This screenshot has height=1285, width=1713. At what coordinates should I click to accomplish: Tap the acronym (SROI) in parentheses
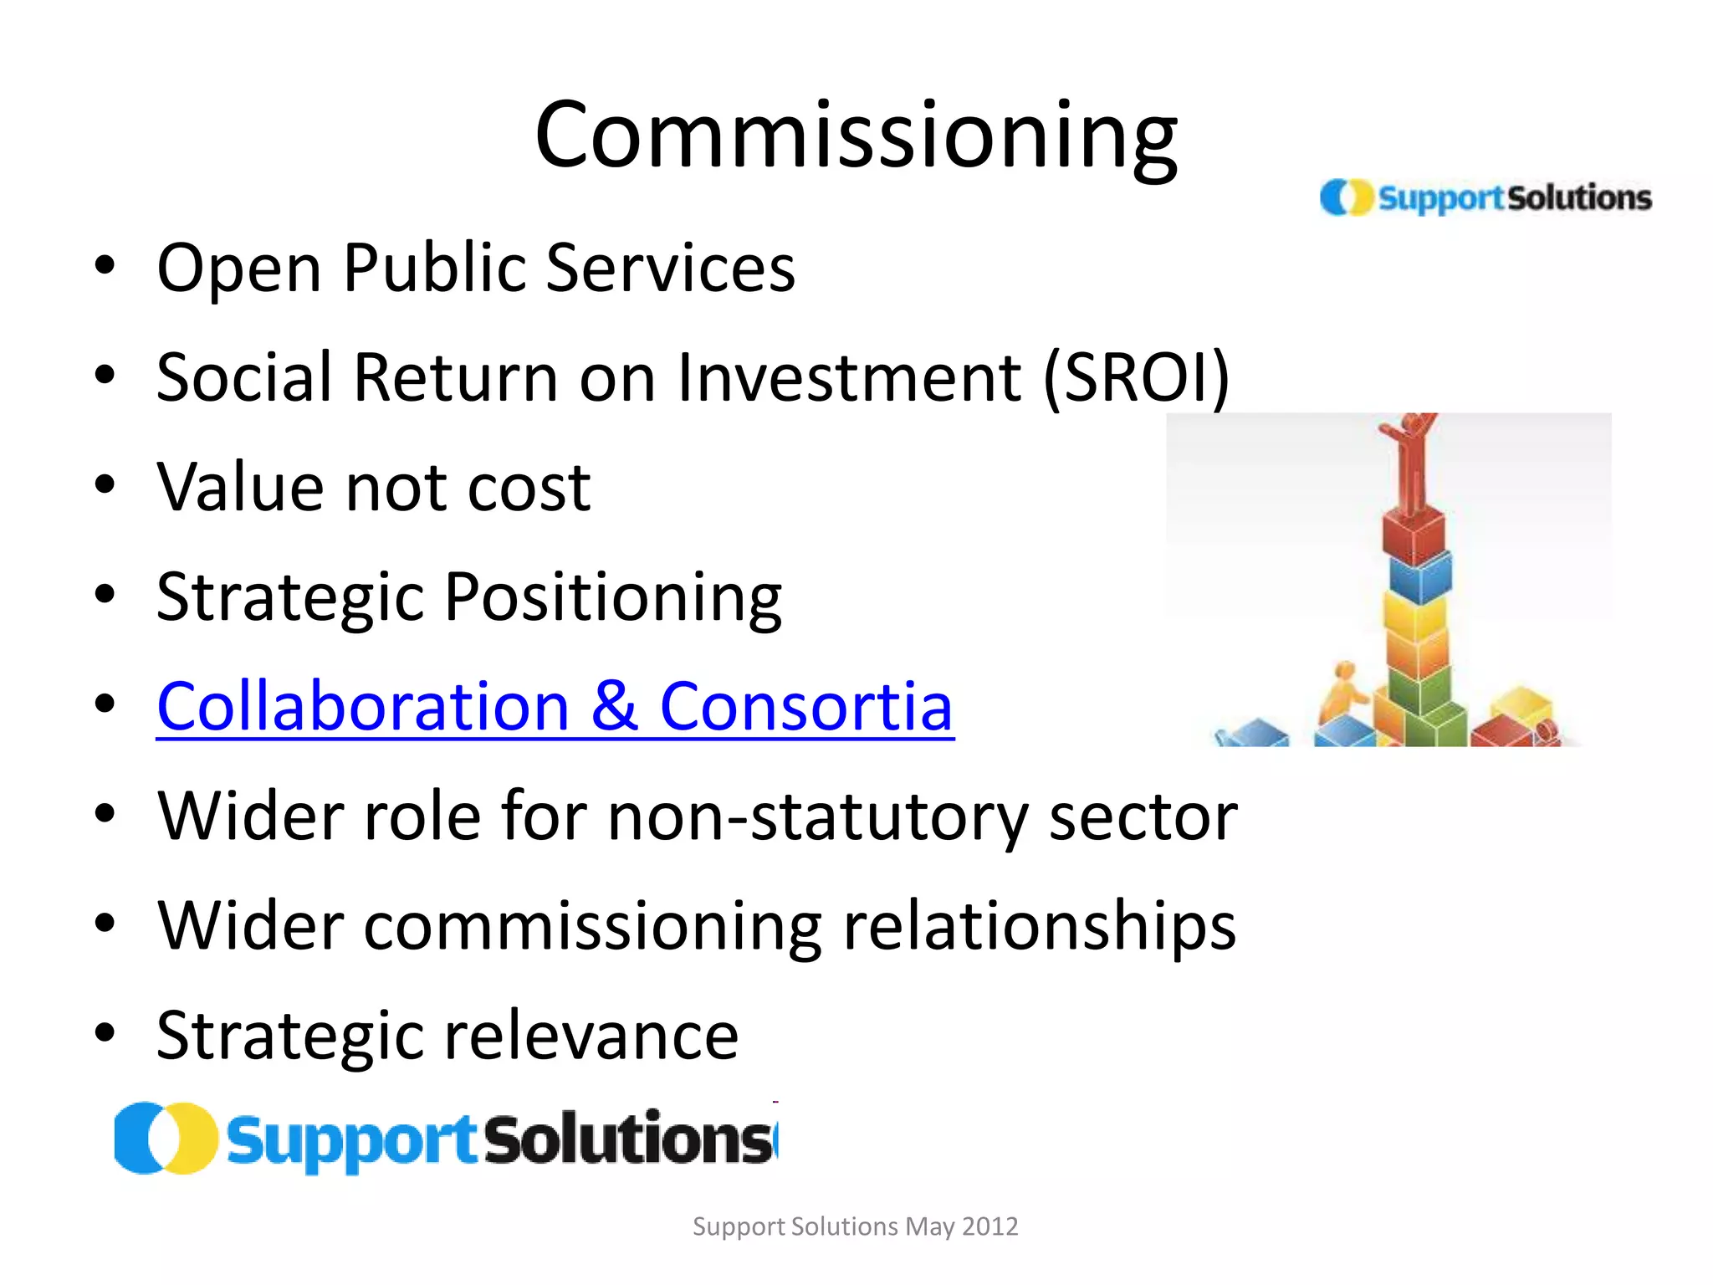(1136, 378)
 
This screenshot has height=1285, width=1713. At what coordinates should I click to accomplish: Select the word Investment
(849, 378)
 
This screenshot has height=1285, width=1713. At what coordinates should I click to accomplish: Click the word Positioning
(613, 598)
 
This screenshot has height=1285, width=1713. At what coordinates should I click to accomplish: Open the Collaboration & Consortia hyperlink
(555, 707)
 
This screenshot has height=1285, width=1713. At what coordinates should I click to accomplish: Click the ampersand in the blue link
(615, 707)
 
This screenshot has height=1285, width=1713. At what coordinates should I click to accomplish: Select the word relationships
(1039, 927)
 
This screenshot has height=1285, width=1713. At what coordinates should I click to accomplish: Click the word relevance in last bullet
(591, 1037)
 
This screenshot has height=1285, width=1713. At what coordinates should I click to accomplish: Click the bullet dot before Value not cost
(105, 485)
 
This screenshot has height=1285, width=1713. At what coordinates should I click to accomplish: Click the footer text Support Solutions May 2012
(855, 1226)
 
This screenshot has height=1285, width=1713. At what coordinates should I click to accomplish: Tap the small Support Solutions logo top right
(1485, 198)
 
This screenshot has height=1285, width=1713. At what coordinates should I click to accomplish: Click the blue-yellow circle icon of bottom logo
(166, 1139)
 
